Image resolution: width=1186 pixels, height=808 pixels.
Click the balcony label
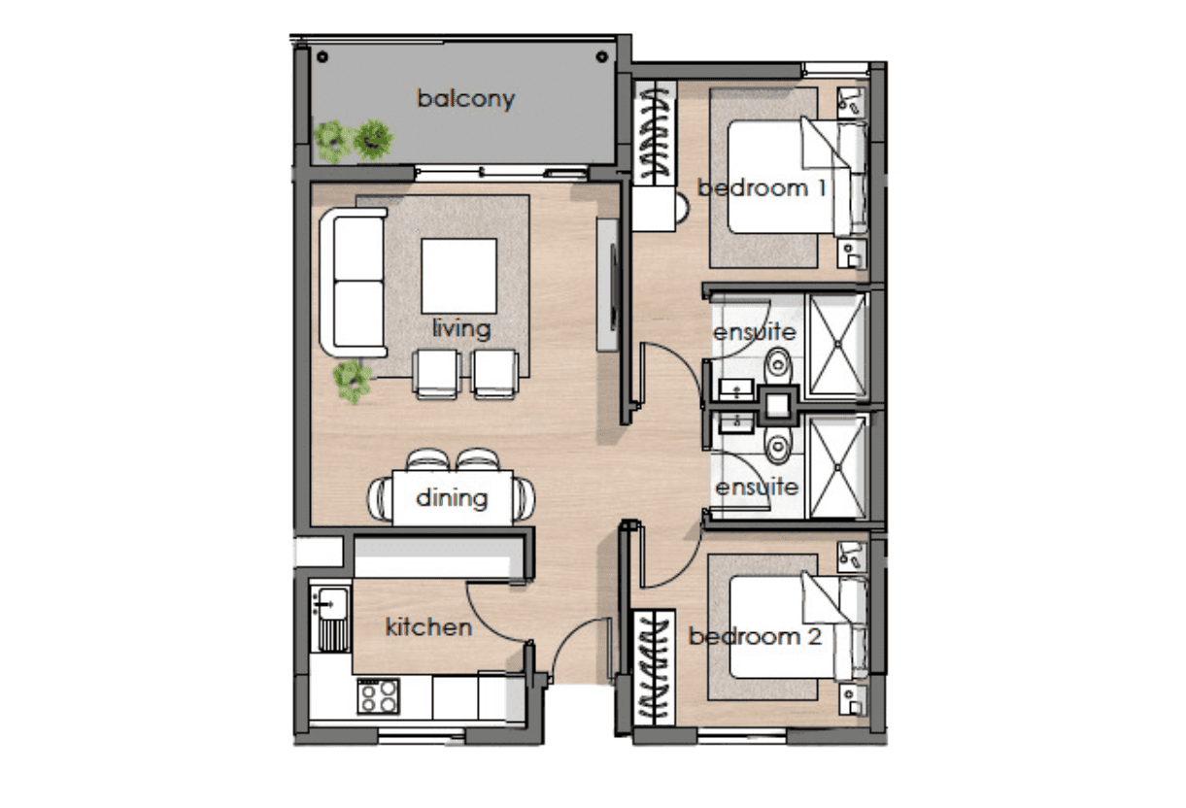[465, 99]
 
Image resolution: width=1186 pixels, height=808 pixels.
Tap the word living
[461, 328]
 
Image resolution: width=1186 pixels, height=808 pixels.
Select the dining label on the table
[452, 498]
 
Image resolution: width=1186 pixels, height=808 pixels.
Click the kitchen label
[428, 627]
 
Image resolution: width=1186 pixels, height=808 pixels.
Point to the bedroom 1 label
[762, 188]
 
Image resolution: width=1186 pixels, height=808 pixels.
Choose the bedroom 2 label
[755, 636]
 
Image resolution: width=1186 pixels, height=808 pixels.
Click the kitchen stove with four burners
[378, 695]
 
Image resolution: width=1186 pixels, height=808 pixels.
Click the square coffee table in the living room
[459, 276]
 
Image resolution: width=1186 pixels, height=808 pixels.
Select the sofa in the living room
[354, 283]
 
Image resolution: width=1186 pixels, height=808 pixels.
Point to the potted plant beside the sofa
[352, 381]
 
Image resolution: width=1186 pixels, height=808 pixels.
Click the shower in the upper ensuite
[837, 345]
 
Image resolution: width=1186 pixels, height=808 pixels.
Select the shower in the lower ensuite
[837, 467]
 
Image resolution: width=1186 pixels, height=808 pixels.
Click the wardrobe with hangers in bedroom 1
[655, 132]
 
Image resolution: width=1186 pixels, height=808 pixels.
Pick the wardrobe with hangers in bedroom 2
[655, 668]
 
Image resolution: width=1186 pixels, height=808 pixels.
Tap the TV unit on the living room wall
[608, 284]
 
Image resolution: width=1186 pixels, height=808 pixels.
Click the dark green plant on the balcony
[374, 140]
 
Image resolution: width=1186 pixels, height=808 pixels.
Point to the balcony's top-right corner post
[602, 56]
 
